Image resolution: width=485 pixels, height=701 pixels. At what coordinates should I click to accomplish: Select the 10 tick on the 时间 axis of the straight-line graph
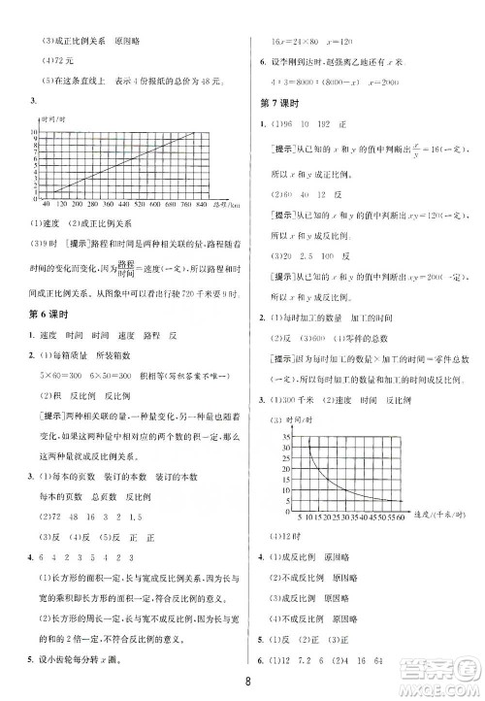(x=36, y=130)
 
